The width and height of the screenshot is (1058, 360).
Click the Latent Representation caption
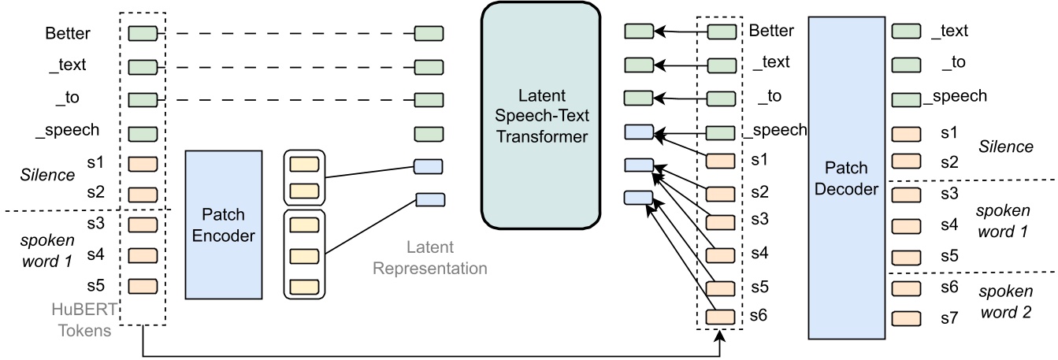point(431,258)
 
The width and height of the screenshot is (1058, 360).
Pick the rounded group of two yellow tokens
point(303,178)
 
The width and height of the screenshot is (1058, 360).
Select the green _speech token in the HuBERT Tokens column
point(143,133)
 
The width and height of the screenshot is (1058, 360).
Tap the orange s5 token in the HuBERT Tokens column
point(143,285)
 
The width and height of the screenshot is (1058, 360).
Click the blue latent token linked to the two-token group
point(429,166)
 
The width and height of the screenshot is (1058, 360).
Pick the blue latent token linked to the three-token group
point(429,199)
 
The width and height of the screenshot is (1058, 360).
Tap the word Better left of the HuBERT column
point(69,33)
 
